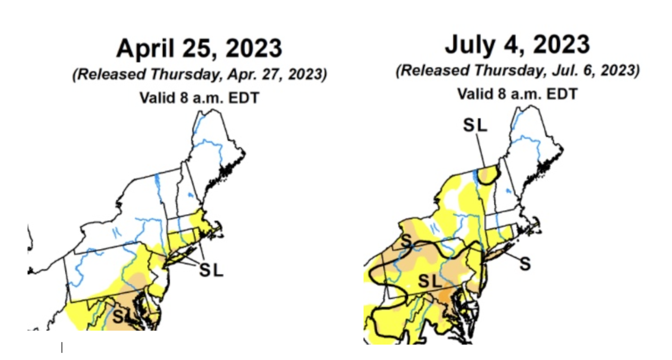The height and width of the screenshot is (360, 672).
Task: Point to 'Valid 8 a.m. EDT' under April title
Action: (x=199, y=98)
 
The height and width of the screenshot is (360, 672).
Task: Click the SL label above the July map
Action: (x=475, y=125)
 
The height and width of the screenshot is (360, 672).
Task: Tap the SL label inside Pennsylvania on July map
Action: (x=429, y=281)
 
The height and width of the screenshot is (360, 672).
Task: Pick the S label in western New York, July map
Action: (x=406, y=241)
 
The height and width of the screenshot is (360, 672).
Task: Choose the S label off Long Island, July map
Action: (x=525, y=264)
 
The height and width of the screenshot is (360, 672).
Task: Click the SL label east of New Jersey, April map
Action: (x=211, y=270)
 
